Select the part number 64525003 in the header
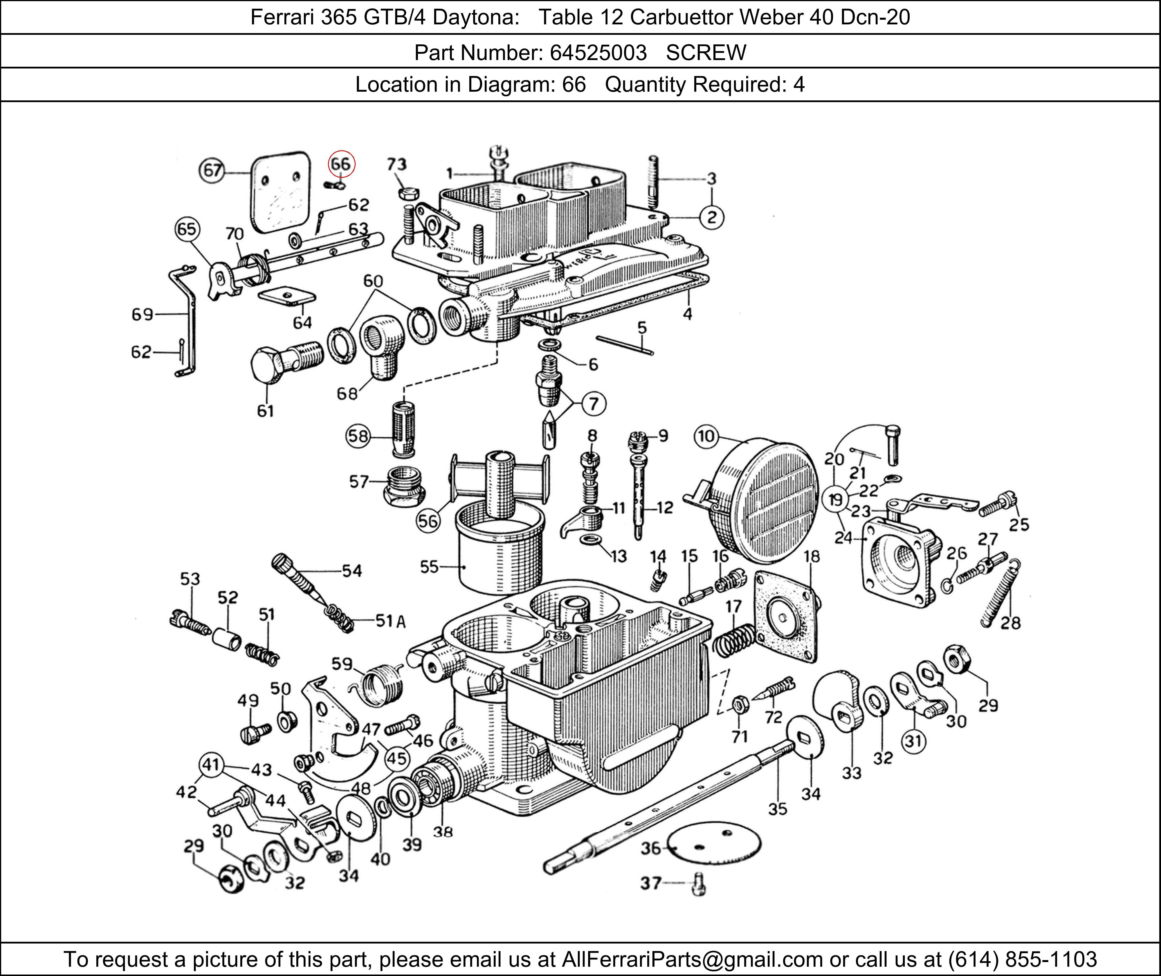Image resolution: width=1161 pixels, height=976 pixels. pos(598,53)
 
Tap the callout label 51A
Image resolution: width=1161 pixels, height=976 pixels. pos(391,621)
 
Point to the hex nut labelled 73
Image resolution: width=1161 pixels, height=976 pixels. pos(408,194)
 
